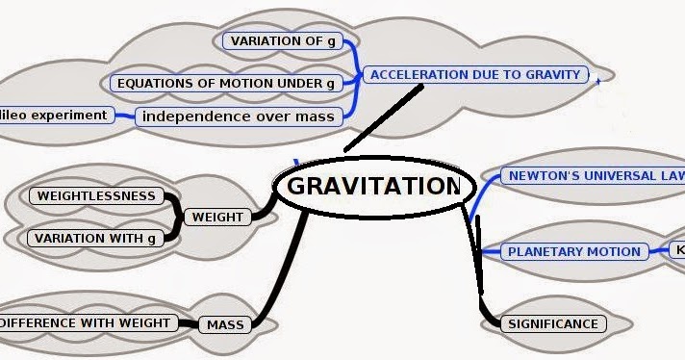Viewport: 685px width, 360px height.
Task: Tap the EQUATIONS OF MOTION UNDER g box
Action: click(x=226, y=83)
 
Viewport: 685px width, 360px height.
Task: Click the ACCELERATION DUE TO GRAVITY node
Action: click(x=475, y=74)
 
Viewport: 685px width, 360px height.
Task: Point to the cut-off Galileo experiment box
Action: click(x=55, y=116)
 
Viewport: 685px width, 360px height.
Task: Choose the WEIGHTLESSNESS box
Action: click(x=96, y=196)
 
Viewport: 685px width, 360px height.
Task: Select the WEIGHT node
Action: click(x=217, y=217)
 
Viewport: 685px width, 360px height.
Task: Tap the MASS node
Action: click(x=225, y=324)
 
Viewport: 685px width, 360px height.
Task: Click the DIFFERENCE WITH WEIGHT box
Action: click(x=87, y=322)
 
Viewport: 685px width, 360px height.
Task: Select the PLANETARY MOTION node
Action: click(x=573, y=251)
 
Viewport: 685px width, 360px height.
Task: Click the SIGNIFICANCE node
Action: click(x=553, y=323)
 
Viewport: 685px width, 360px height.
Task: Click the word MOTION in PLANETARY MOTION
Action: click(x=611, y=251)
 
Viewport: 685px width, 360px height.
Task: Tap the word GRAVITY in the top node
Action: click(x=554, y=74)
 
